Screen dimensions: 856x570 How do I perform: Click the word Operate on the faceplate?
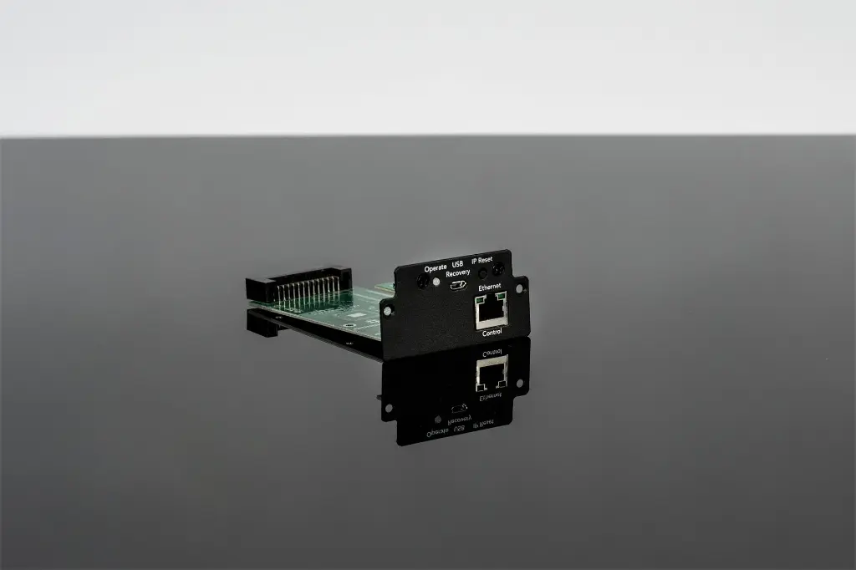(435, 268)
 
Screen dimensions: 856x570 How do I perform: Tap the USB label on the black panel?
(457, 264)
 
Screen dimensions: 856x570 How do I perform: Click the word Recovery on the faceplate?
(458, 272)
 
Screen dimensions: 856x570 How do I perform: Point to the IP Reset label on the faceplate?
(482, 261)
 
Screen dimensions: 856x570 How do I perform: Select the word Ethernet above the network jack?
(490, 287)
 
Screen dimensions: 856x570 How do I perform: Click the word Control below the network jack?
(492, 332)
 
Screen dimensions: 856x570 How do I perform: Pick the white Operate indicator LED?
(436, 282)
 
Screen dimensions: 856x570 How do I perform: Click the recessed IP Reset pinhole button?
(482, 273)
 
